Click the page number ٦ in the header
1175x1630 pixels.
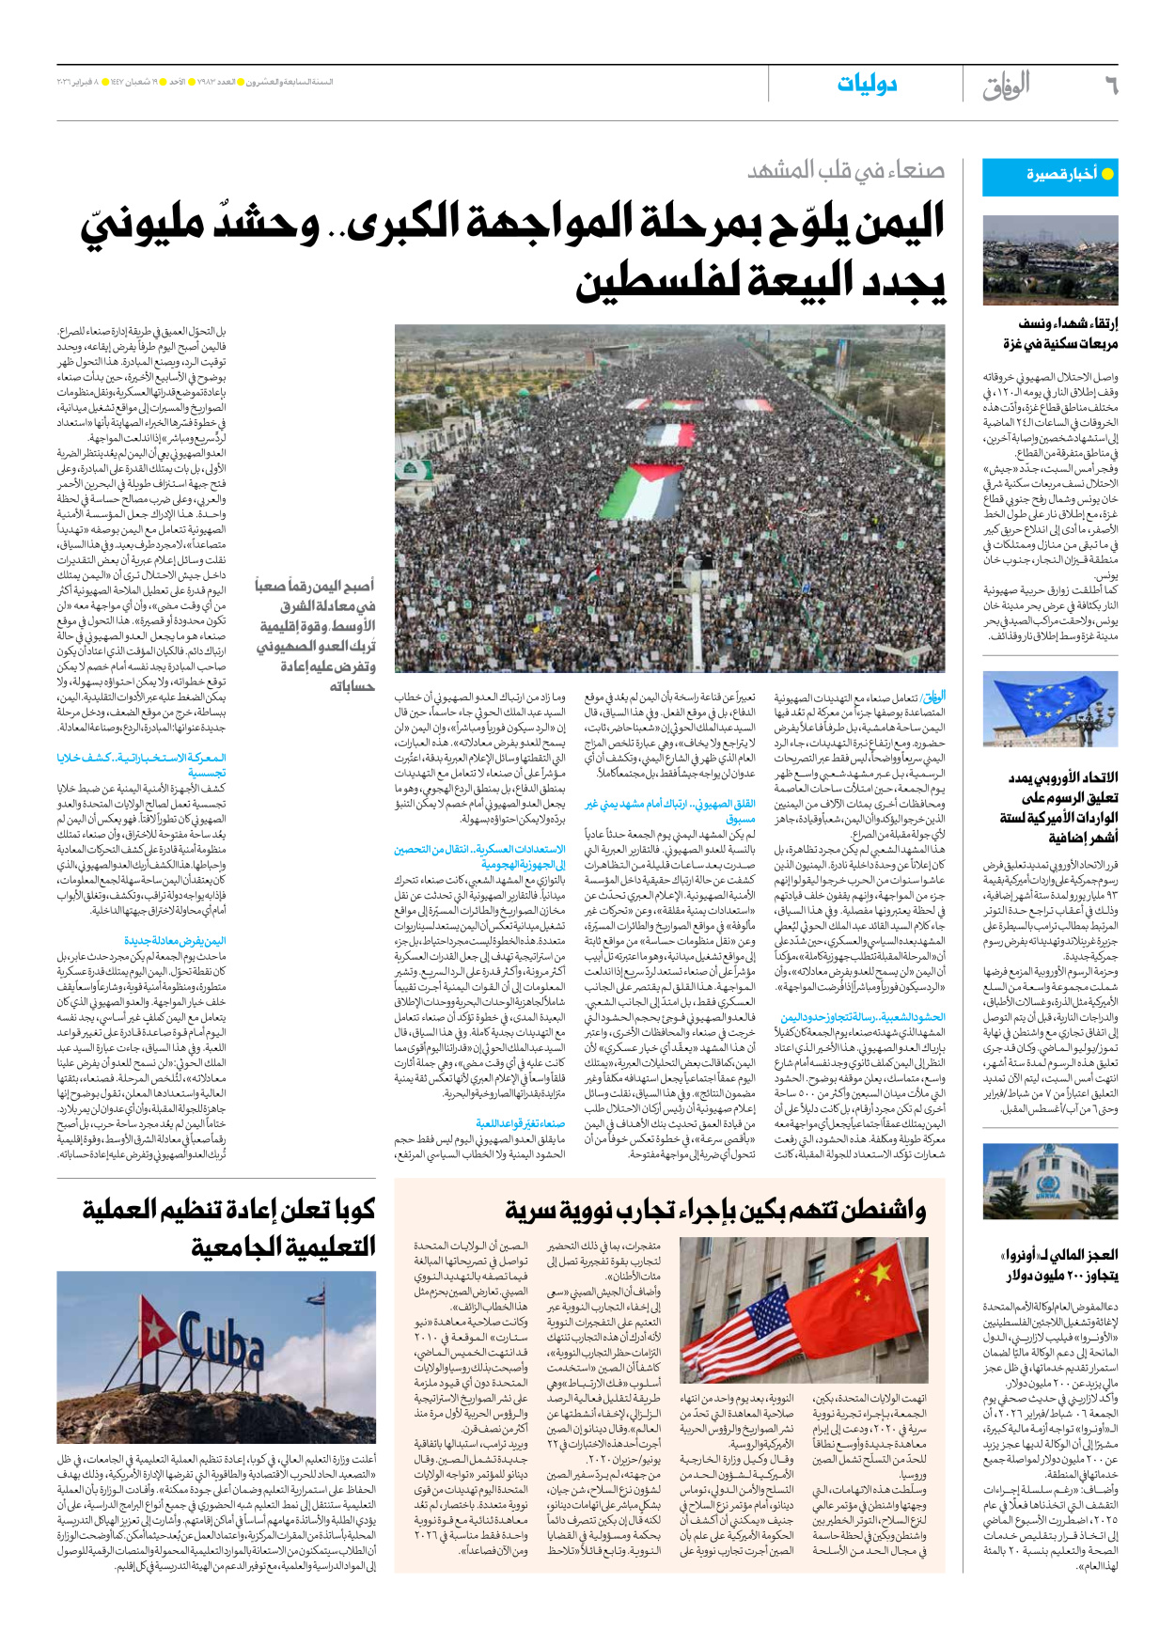[1111, 86]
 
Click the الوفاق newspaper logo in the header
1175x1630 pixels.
[1007, 86]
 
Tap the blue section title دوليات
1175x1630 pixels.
[867, 85]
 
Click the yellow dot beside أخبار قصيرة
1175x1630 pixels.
[1107, 174]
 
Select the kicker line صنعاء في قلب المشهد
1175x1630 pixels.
[846, 170]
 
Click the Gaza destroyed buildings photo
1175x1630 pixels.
[1050, 260]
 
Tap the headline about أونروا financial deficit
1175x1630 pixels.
[1060, 1264]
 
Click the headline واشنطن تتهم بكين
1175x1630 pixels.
[714, 1211]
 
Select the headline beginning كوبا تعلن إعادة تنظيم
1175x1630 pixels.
[230, 1228]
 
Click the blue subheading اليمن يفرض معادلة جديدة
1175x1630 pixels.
[175, 940]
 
